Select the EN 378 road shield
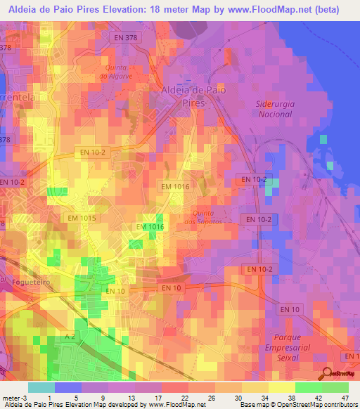click(127, 36)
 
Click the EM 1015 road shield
click(82, 219)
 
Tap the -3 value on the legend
click(24, 397)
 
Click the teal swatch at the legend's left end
click(41, 387)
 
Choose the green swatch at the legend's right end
click(335, 387)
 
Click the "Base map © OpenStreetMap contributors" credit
click(297, 405)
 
